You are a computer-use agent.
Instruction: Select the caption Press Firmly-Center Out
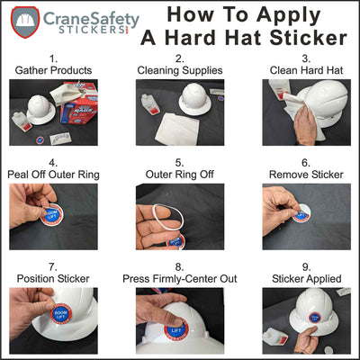(180, 278)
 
